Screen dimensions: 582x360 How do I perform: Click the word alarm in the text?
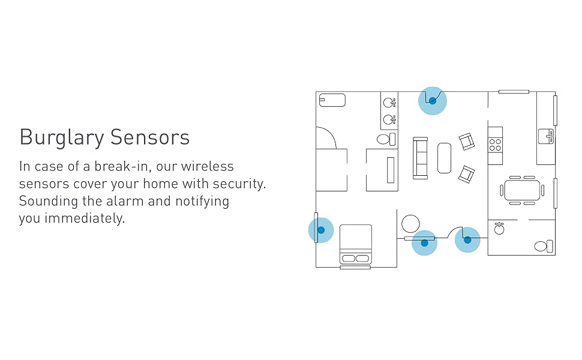122,201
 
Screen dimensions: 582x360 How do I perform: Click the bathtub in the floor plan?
332,100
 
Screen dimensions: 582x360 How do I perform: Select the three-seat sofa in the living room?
420,157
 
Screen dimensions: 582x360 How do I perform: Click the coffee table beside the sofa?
444,158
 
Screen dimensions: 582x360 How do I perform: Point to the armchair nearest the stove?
466,142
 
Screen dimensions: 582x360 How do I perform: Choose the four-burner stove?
496,144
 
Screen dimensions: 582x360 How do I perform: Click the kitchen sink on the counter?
545,136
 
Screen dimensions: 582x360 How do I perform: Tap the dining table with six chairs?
522,190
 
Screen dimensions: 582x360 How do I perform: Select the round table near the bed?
411,224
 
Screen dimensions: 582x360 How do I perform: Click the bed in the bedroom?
356,244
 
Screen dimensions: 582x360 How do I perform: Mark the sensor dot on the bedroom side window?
321,230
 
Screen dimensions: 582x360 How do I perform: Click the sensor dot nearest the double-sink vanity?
432,101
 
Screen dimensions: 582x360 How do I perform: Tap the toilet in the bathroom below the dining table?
544,245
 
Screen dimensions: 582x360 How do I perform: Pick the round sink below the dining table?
499,229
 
